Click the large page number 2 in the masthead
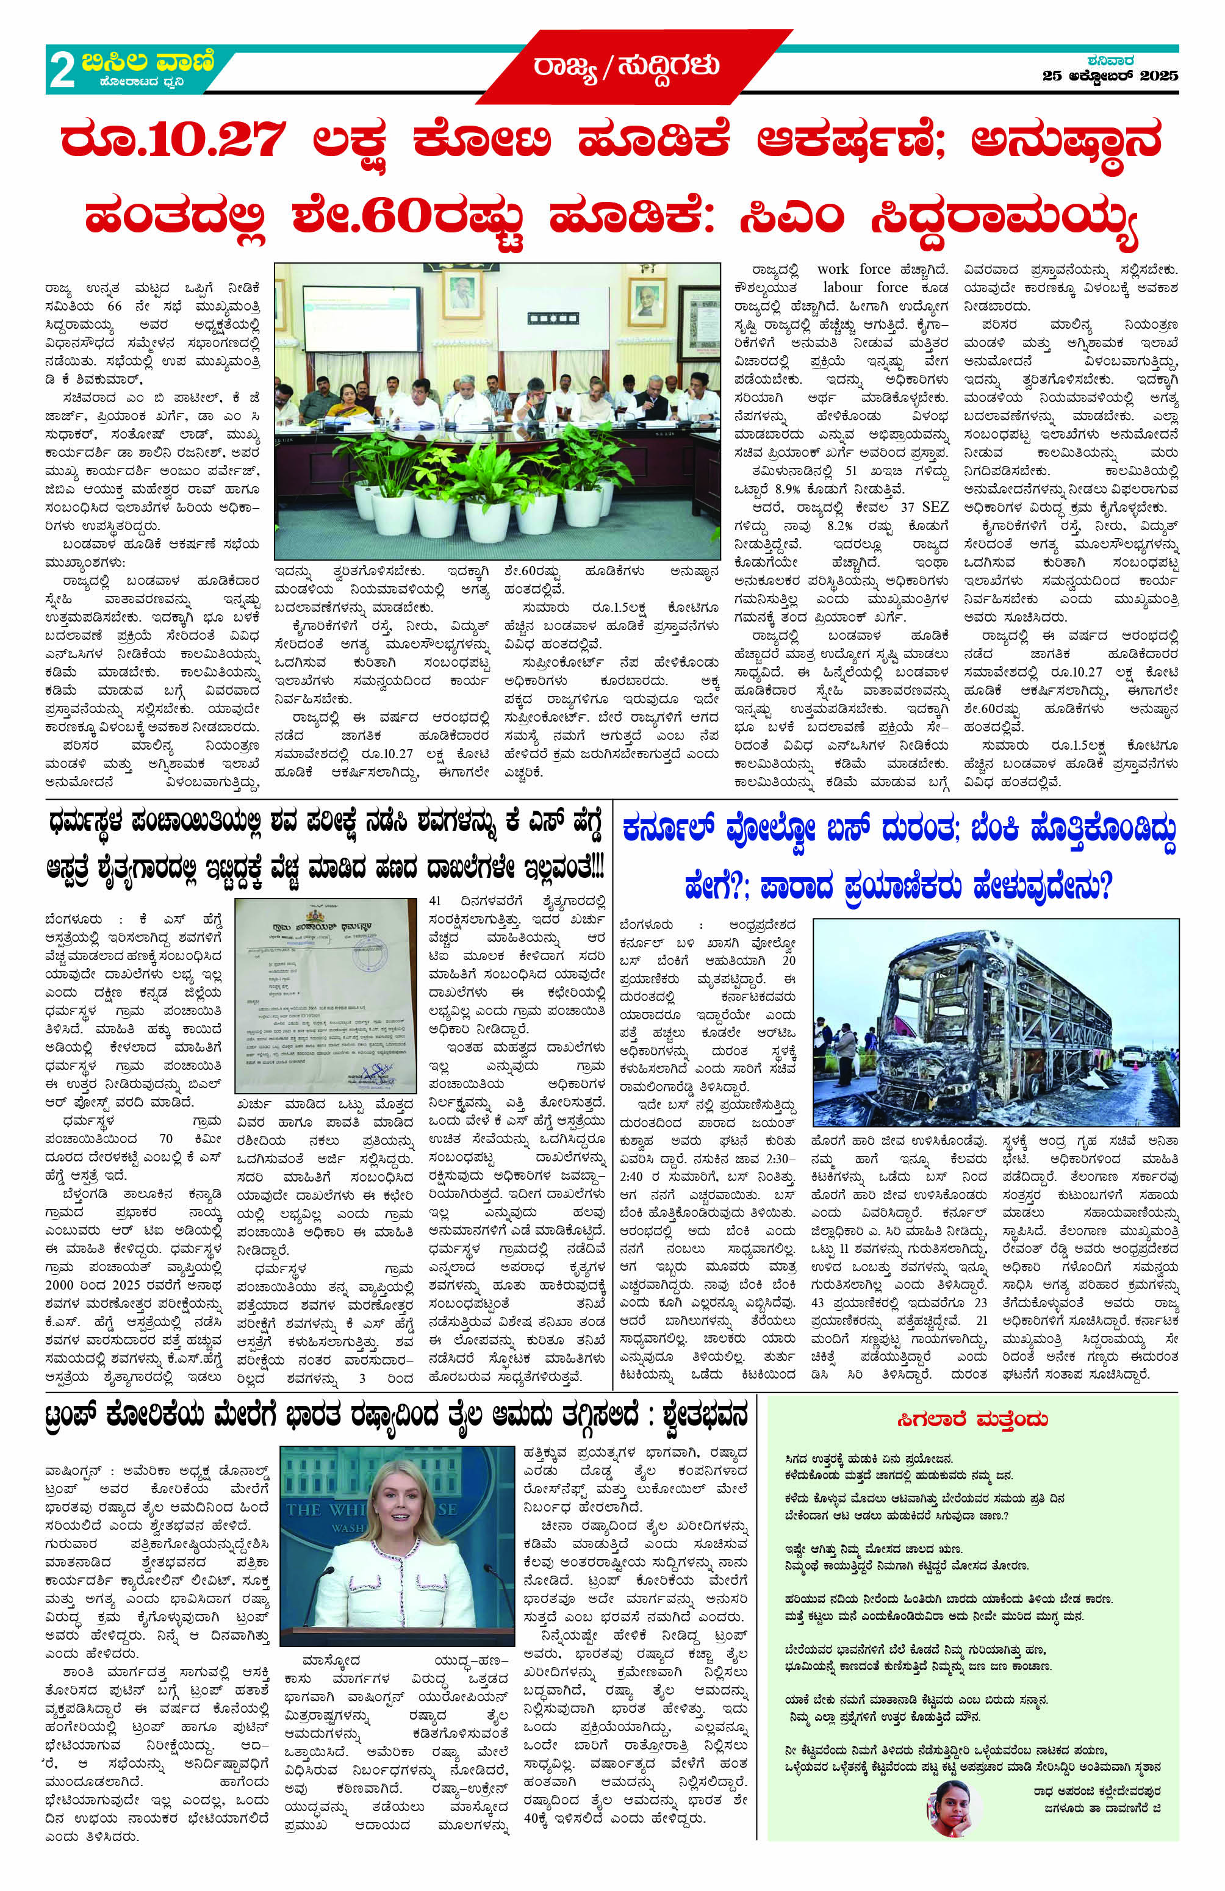point(62,71)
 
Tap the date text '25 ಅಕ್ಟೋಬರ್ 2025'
point(1110,76)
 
